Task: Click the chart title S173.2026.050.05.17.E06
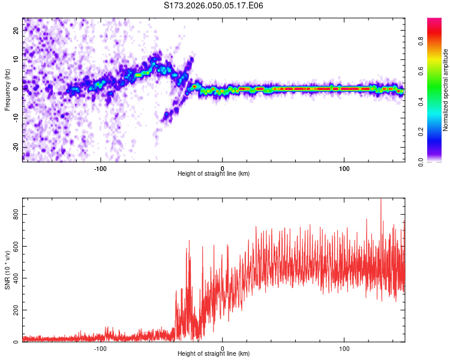coord(214,5)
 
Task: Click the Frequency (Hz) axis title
coord(7,89)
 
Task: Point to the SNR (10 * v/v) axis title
coord(7,270)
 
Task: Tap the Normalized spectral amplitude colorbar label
coord(446,90)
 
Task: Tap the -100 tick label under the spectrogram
coord(100,169)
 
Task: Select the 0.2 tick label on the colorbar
coord(421,132)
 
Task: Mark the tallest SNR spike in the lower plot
coord(380,200)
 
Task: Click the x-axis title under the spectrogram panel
coord(214,174)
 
